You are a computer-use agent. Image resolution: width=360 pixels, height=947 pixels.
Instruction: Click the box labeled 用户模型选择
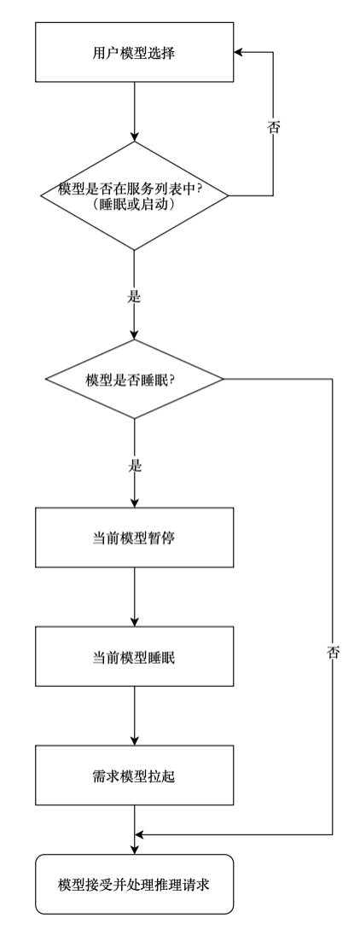(134, 52)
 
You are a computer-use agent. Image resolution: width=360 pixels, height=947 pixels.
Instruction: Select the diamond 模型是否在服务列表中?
(134, 195)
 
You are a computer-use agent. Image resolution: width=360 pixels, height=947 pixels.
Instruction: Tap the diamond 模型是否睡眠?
(134, 379)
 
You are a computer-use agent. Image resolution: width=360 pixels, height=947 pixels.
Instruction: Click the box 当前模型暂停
(134, 537)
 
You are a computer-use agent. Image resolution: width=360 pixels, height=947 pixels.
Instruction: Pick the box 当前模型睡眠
(134, 656)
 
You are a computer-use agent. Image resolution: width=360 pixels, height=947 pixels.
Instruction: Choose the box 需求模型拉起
(134, 776)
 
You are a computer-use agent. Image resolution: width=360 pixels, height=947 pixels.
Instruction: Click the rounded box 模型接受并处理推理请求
(134, 884)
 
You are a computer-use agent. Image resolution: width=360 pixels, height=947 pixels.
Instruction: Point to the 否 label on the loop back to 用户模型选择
(273, 127)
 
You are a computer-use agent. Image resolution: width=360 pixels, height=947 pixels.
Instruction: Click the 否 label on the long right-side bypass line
(333, 653)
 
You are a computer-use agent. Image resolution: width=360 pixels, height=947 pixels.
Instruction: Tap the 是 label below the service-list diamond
(135, 297)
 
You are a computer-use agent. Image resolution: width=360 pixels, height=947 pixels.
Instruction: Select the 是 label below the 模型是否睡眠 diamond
(135, 466)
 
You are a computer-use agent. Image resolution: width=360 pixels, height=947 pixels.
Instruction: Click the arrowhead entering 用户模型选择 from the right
(238, 52)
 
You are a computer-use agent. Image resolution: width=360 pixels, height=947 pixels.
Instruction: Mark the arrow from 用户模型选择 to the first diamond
(134, 111)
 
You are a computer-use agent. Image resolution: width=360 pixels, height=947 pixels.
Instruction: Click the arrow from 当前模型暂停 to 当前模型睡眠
(134, 596)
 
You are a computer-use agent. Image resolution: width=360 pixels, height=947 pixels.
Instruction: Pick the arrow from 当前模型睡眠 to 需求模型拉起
(134, 716)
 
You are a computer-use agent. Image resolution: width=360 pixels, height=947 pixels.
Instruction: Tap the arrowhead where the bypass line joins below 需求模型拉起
(138, 834)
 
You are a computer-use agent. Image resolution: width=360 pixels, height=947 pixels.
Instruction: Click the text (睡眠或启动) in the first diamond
(135, 205)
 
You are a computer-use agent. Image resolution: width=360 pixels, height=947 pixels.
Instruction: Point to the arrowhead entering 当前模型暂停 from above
(134, 503)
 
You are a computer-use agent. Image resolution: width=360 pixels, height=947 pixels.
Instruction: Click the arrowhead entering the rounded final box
(134, 850)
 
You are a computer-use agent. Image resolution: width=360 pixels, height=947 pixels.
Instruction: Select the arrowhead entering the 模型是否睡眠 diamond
(134, 334)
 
